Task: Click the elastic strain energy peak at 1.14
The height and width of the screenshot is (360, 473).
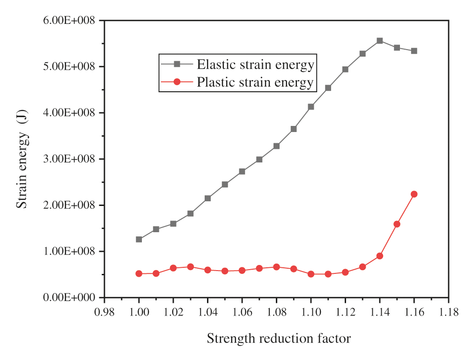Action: (x=380, y=41)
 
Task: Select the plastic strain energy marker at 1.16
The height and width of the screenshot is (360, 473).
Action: (x=414, y=194)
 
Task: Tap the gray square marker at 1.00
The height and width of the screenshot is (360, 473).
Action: (x=139, y=239)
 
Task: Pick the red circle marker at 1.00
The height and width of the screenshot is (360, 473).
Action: (x=139, y=273)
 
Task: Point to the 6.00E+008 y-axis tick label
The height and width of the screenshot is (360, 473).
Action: (x=70, y=21)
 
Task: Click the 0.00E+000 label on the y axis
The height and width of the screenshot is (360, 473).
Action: (x=70, y=298)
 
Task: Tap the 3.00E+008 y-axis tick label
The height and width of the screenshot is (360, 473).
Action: (x=70, y=159)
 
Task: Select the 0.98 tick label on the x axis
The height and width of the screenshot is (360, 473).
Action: (x=104, y=311)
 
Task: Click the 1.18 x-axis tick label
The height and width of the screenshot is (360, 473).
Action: (x=449, y=311)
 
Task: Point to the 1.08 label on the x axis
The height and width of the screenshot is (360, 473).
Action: (x=276, y=311)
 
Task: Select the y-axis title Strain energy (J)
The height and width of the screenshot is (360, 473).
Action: (x=22, y=159)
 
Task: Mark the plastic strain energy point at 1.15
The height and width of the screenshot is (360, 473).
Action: (x=397, y=224)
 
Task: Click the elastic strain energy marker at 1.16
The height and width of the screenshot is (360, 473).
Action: (x=414, y=51)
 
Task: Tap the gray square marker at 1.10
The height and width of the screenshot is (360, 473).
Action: (x=311, y=107)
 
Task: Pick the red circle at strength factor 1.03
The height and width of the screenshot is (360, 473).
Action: (x=190, y=267)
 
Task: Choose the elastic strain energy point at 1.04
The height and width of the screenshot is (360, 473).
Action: (x=207, y=198)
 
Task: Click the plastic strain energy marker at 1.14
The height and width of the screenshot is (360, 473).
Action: (x=380, y=256)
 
